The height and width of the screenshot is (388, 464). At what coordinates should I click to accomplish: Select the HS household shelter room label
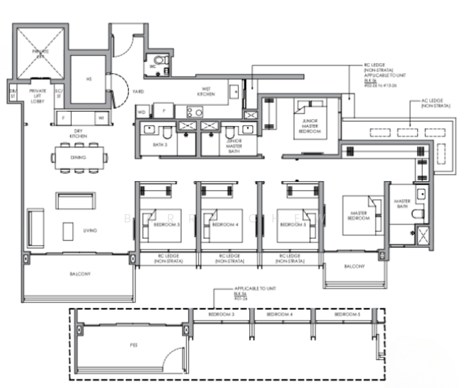87,80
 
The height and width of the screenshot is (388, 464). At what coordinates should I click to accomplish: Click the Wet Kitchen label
206,92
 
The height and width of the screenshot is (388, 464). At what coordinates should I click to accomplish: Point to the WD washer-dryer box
141,112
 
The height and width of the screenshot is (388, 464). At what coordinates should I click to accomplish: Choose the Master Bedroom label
359,216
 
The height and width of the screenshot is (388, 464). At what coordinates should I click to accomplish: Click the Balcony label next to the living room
80,274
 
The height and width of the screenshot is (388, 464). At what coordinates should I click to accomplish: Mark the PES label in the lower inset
134,345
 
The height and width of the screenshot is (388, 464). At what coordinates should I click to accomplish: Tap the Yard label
138,92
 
